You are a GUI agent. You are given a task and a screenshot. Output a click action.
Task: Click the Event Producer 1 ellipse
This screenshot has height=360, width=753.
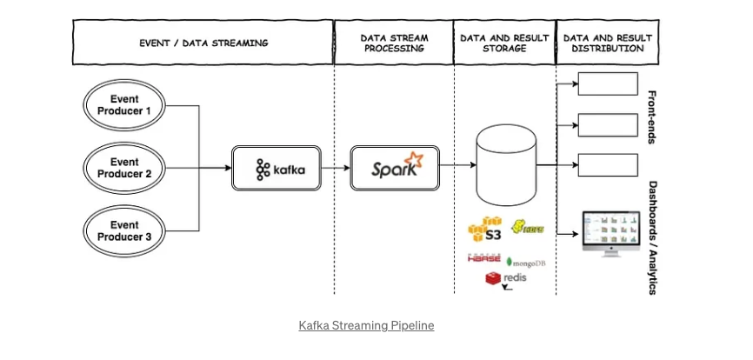click(x=124, y=105)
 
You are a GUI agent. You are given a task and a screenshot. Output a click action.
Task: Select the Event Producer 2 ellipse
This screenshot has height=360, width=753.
click(x=124, y=168)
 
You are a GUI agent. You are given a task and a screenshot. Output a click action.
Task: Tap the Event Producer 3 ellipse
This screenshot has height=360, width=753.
click(x=124, y=230)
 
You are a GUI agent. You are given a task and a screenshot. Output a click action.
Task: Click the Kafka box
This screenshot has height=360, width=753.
click(x=277, y=169)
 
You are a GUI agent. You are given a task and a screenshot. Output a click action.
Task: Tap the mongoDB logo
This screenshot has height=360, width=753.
click(x=530, y=261)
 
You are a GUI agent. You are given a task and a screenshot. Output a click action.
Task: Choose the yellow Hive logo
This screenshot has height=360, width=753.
click(x=529, y=228)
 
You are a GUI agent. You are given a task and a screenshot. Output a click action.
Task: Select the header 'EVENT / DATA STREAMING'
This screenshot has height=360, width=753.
click(x=203, y=43)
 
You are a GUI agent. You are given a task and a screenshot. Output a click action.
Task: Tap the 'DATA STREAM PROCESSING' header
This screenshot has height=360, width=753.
click(x=393, y=43)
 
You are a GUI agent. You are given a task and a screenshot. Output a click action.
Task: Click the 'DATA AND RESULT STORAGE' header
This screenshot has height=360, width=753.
click(x=505, y=43)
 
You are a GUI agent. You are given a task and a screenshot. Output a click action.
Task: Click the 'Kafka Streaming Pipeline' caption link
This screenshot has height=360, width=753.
click(x=366, y=325)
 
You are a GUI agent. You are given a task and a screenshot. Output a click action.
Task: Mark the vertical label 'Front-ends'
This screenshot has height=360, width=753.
click(x=652, y=117)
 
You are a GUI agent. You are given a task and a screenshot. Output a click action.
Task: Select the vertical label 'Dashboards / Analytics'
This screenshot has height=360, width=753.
click(x=652, y=237)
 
